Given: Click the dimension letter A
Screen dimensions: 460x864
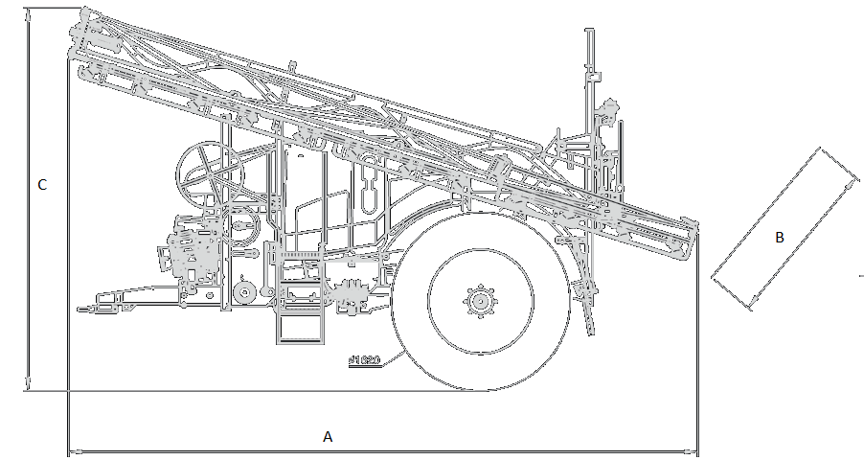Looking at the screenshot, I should pyautogui.click(x=328, y=437).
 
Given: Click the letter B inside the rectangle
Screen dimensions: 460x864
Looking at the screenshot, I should pyautogui.click(x=779, y=238).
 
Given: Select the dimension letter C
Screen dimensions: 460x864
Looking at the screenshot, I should pyautogui.click(x=42, y=185).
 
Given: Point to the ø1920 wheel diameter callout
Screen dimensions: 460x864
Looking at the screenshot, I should pyautogui.click(x=364, y=361).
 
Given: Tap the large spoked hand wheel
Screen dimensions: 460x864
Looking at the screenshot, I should pyautogui.click(x=209, y=173).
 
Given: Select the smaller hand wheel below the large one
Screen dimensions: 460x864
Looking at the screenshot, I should pyautogui.click(x=239, y=228).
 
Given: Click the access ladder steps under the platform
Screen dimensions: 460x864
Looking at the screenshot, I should pyautogui.click(x=297, y=326).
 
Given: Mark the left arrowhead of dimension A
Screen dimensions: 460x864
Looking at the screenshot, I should pyautogui.click(x=73, y=449).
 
